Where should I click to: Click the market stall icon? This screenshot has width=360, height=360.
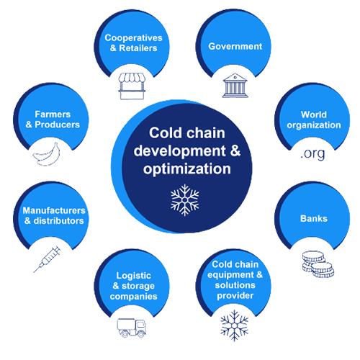[132, 86]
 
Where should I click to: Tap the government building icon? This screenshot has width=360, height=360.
[235, 86]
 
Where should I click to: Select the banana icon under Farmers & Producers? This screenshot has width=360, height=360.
[47, 154]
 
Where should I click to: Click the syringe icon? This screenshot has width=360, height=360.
[47, 259]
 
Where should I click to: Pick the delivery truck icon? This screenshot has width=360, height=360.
[132, 328]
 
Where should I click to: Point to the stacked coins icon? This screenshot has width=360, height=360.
[318, 264]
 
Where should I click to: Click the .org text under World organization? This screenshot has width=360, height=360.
[312, 154]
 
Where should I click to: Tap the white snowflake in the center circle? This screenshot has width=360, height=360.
[184, 200]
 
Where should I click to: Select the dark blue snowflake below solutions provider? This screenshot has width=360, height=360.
[235, 325]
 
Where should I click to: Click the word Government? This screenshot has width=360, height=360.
[235, 46]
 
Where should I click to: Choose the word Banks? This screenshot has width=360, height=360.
[314, 219]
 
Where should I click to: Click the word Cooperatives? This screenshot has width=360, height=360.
[134, 38]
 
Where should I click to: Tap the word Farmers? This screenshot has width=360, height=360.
[53, 114]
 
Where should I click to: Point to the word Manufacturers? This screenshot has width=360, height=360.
[54, 210]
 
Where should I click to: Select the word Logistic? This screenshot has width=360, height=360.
[134, 276]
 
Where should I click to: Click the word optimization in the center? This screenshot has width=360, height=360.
[187, 169]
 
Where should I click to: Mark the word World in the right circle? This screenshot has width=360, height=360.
[314, 114]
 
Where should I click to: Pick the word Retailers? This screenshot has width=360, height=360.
[138, 48]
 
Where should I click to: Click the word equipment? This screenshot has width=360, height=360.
[230, 275]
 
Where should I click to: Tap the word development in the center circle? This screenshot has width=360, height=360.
[179, 151]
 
